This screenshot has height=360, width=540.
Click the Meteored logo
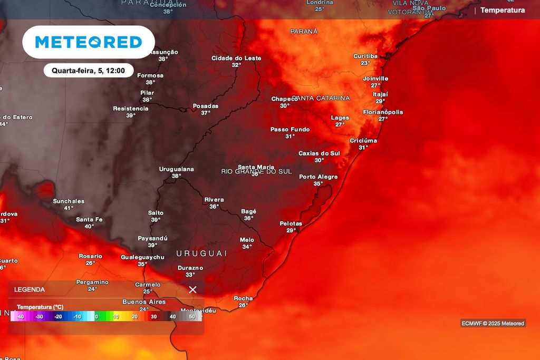tap(89, 42)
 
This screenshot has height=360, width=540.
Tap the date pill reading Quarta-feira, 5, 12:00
tap(88, 71)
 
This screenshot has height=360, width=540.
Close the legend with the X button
tap(192, 289)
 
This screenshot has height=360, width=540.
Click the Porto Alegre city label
tap(318, 177)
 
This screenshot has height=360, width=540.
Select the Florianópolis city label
tap(383, 112)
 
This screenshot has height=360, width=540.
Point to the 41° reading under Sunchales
tap(69, 208)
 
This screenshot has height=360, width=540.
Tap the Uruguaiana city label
tap(177, 169)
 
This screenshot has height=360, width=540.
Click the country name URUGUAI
tap(201, 254)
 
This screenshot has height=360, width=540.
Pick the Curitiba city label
tap(365, 56)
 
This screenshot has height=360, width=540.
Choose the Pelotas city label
tap(291, 223)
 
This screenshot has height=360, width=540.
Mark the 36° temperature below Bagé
tap(248, 218)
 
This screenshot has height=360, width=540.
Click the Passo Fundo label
tap(290, 129)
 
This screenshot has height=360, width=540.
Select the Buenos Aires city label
tap(144, 302)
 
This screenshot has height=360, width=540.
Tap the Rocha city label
tap(243, 298)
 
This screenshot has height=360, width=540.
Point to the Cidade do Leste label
tap(236, 58)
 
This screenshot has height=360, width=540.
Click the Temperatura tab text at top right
tap(503, 10)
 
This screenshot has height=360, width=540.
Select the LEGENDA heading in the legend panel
tap(30, 289)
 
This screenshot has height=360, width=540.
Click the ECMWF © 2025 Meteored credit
tap(493, 323)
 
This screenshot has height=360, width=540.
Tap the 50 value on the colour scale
tap(191, 317)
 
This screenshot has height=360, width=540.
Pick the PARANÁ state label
tap(304, 31)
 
